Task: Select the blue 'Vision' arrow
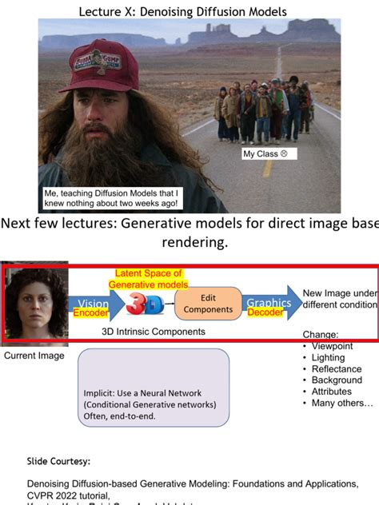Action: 94,304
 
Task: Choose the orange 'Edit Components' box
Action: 208,303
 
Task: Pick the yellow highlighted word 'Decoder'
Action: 264,313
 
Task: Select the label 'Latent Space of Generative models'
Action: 149,279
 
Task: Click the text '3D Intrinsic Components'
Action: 154,331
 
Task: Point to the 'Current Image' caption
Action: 34,355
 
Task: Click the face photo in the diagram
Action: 32,304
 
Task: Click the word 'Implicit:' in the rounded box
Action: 102,393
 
